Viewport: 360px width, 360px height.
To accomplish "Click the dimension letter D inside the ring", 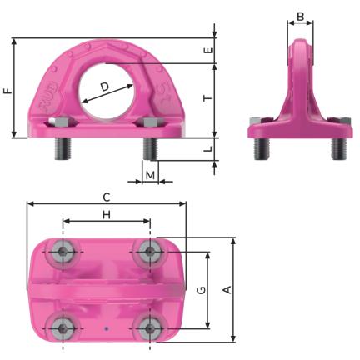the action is tap(105, 87).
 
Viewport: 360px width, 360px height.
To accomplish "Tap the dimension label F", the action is tap(8, 91).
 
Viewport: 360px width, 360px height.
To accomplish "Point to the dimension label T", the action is tap(207, 98).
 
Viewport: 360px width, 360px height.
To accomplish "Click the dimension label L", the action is tap(208, 149).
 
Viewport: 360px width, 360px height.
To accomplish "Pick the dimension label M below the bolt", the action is tap(150, 175).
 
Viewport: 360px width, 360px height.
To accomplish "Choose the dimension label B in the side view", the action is tap(301, 17).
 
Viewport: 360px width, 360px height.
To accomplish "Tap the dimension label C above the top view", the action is tap(107, 197).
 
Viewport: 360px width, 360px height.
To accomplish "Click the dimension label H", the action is tap(107, 215).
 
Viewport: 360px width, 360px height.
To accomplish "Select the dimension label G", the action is tap(201, 290).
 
